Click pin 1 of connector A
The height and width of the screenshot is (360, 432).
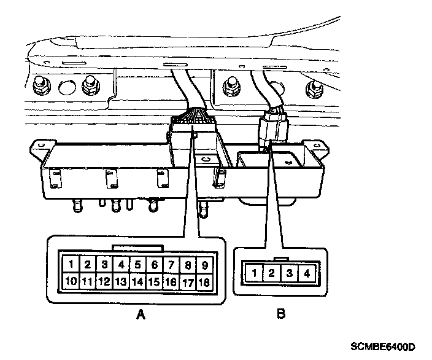(72, 265)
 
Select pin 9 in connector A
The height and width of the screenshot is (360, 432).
(206, 265)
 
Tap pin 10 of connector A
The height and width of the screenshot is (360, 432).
(72, 282)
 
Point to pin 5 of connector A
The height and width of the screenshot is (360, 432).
(138, 265)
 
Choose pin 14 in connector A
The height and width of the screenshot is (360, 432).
(138, 282)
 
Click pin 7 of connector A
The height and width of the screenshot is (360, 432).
(172, 265)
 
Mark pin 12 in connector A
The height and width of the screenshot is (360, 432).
(104, 282)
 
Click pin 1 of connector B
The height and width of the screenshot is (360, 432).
(253, 273)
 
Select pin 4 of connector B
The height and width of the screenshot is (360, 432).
(306, 273)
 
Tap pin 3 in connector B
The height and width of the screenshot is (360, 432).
(288, 273)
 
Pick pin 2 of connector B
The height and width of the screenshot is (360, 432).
(271, 273)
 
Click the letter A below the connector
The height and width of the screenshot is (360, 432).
(141, 315)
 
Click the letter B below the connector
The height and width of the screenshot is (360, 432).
(281, 315)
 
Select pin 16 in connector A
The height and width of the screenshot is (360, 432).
(172, 282)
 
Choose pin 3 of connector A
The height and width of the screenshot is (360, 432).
(105, 265)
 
